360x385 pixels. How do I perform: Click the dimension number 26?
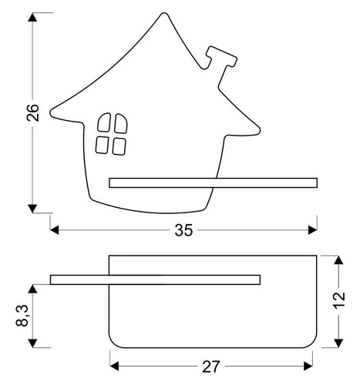click(x=20, y=113)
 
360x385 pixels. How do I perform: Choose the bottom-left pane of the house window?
click(x=102, y=144)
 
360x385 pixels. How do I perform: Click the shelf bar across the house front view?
click(x=213, y=182)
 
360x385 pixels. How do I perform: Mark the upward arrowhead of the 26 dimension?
click(x=32, y=18)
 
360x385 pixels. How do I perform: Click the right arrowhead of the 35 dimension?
click(x=312, y=228)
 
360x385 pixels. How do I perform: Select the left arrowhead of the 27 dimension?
click(x=114, y=360)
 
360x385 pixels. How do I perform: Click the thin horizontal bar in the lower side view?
click(x=154, y=278)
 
